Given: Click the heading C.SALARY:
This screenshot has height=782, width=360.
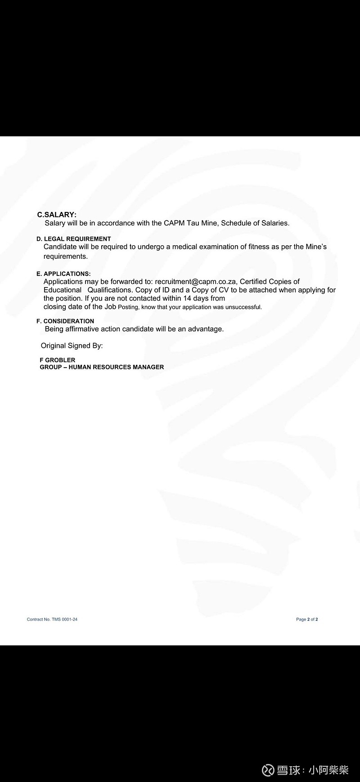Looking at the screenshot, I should click(57, 215).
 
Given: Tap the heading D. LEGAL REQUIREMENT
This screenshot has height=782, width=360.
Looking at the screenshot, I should click(73, 239).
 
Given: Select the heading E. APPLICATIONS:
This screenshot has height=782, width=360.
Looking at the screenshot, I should click(63, 274).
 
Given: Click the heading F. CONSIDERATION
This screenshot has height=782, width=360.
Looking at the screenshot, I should click(65, 321).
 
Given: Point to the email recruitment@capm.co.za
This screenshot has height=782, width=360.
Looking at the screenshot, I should click(196, 282).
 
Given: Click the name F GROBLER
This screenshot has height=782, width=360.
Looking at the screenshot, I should click(58, 360).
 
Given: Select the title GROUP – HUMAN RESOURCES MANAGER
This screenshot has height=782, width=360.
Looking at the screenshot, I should click(102, 367).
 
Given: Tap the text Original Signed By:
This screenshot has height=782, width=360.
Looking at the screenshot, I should click(72, 346).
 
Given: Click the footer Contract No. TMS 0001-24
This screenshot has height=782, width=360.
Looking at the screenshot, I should click(52, 620).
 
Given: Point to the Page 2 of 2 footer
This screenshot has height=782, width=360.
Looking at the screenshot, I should click(307, 620).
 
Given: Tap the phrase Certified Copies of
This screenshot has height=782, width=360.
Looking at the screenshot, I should click(270, 282).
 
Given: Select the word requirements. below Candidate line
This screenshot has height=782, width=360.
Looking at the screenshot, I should click(66, 256).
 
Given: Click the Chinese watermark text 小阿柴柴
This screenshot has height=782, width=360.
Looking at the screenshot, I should click(328, 770).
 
